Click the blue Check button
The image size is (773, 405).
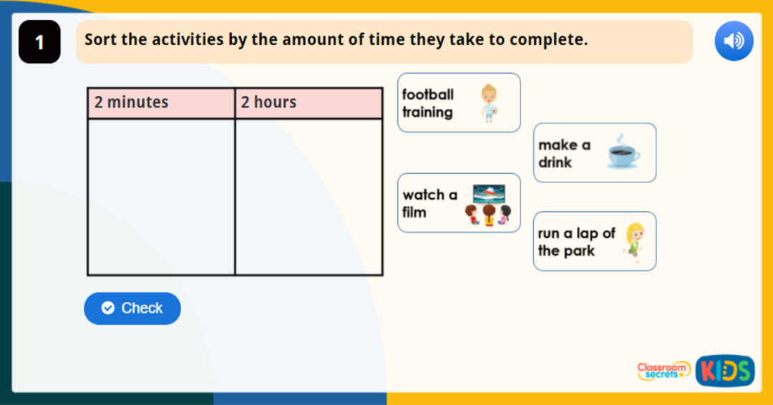tap(132, 308)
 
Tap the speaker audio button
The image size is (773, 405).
tap(734, 41)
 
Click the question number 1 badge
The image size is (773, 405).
tap(39, 42)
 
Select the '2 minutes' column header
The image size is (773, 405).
tap(161, 102)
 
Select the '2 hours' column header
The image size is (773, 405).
tap(308, 102)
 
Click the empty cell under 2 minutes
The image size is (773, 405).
tap(161, 197)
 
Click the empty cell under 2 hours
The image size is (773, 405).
tap(308, 197)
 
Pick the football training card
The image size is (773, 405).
tap(459, 103)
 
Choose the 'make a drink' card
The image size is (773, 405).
tap(594, 153)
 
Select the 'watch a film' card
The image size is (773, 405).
tap(459, 203)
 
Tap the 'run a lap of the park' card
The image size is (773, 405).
tap(594, 242)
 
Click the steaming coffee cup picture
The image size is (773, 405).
tap(623, 152)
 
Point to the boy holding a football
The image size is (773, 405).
tap(489, 103)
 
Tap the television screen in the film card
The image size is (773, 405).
tap(489, 193)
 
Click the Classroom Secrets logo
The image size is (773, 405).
tap(663, 370)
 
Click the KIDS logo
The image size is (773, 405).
tap(724, 371)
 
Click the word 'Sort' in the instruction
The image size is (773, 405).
tap(100, 40)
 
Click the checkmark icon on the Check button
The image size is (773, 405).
tap(108, 308)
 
